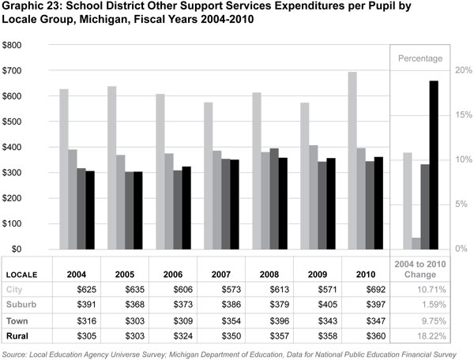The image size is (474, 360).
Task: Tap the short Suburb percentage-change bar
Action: [416, 243]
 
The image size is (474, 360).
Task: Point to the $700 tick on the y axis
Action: [13, 71]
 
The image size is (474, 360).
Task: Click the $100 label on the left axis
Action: [13, 224]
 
